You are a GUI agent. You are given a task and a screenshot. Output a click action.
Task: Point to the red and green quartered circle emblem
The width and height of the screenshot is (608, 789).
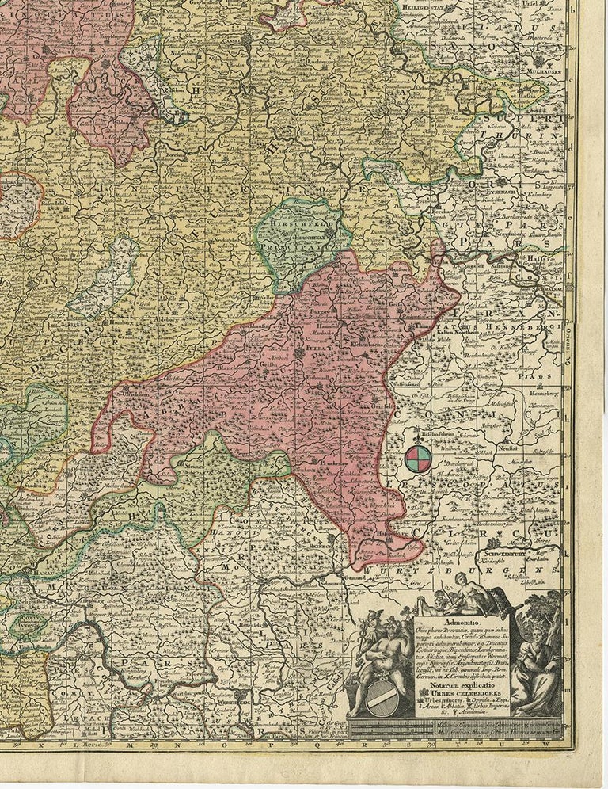[419, 457]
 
